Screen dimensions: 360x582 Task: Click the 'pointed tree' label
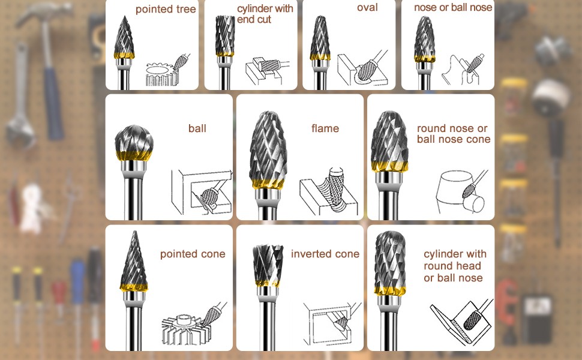(166, 10)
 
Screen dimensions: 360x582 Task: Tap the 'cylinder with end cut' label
(265, 14)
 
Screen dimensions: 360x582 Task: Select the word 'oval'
(367, 8)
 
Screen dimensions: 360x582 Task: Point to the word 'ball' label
(197, 128)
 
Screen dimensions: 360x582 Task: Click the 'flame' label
(325, 128)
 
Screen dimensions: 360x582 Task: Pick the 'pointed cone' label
(193, 254)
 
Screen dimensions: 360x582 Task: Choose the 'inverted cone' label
(325, 254)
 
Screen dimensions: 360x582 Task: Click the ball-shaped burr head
(134, 140)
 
